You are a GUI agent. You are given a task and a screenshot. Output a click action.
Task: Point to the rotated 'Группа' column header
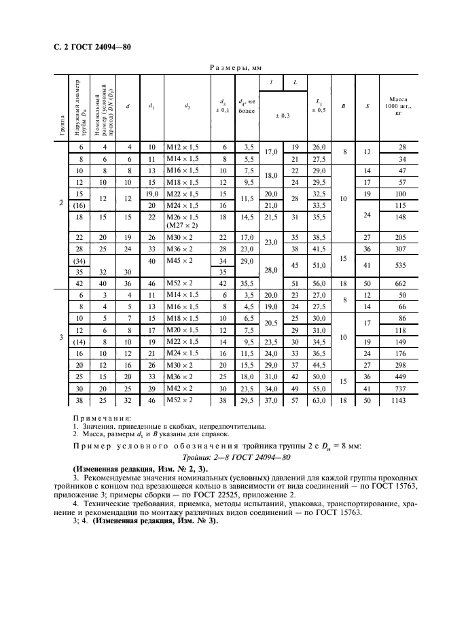pos(62,126)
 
